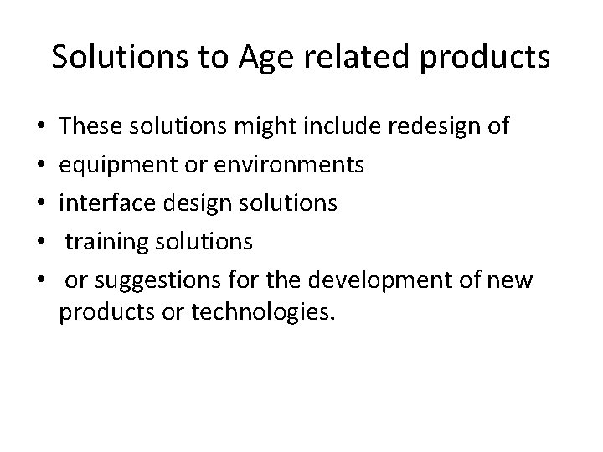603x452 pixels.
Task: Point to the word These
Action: point(87,127)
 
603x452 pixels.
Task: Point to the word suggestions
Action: point(152,280)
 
